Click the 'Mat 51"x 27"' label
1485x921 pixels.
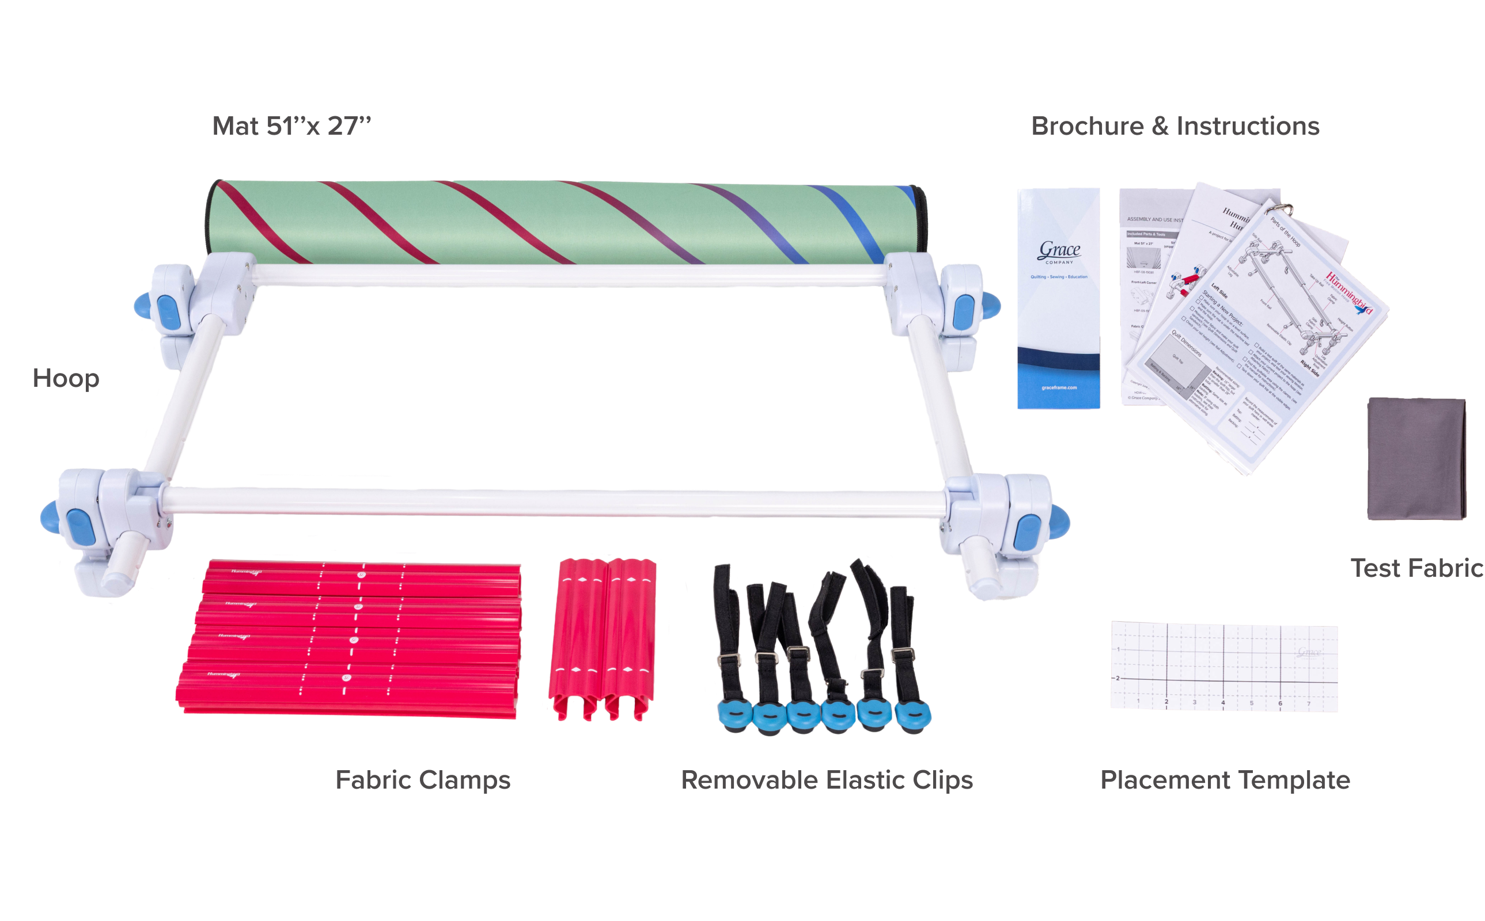click(291, 126)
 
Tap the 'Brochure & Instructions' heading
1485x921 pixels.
click(1175, 126)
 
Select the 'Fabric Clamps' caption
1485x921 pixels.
click(423, 781)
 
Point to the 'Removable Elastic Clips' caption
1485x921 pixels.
click(827, 781)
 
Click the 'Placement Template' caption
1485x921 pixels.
click(1225, 781)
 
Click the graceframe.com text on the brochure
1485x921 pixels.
click(1059, 387)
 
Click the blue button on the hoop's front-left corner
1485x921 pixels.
click(78, 526)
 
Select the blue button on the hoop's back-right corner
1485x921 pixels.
click(963, 309)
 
